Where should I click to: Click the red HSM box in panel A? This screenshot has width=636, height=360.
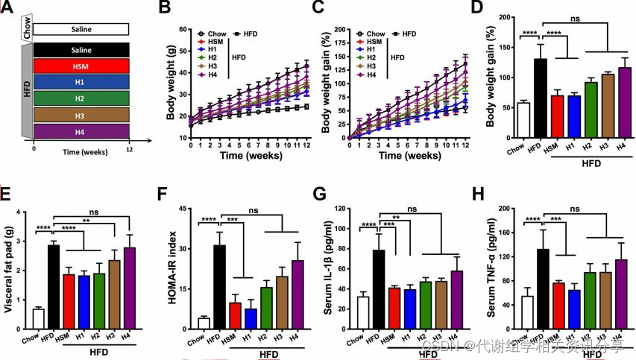[x=82, y=66]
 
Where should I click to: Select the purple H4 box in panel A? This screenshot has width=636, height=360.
[x=82, y=131]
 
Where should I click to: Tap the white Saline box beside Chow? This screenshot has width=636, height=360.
[x=82, y=30]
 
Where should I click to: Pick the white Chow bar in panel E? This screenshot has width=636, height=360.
[x=38, y=318]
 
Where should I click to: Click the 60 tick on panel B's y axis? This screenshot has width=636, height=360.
[x=181, y=30]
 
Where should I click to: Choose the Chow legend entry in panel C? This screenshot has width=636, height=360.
[x=370, y=34]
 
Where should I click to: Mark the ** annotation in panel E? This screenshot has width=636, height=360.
[x=86, y=221]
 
